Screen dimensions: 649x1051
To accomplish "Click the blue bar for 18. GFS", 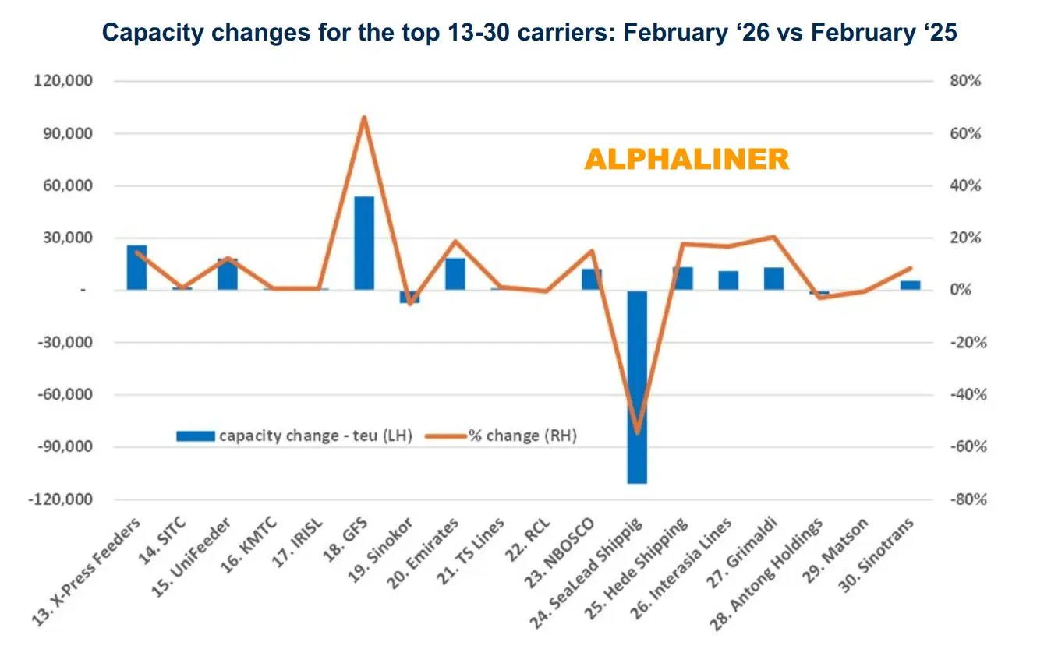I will [x=364, y=243].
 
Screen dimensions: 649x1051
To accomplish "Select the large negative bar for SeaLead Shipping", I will [x=637, y=386].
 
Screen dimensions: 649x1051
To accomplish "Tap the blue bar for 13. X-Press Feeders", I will [x=137, y=267].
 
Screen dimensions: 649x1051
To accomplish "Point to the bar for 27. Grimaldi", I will [x=773, y=279].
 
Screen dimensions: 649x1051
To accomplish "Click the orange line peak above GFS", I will [x=364, y=118].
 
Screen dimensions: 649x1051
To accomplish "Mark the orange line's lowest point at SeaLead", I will [x=637, y=432].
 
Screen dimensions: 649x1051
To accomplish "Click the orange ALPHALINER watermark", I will [x=686, y=160].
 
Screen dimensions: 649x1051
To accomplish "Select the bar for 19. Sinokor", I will [x=409, y=296].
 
